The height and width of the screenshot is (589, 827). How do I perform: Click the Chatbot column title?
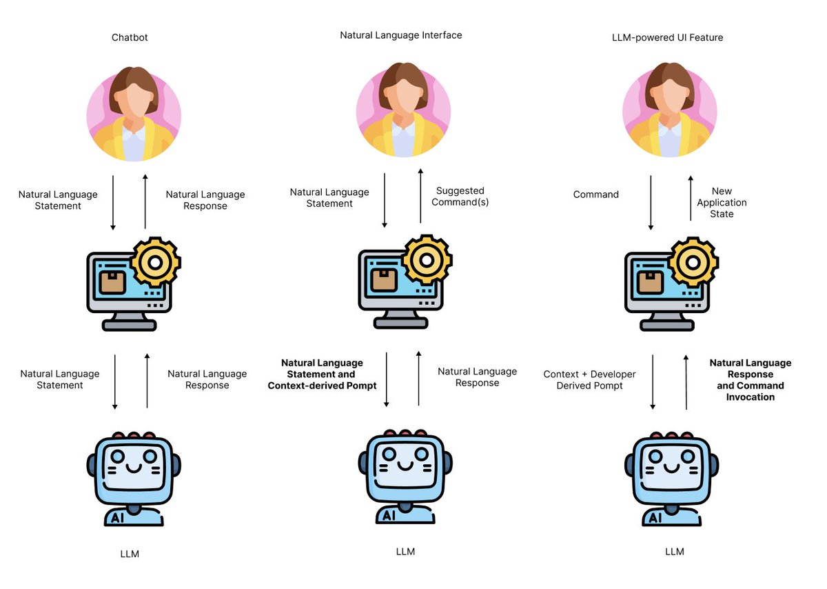(130, 37)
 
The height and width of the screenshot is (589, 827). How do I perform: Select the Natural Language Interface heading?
(400, 34)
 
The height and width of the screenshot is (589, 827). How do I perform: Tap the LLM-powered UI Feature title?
(667, 37)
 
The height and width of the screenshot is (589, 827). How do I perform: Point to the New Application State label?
(722, 202)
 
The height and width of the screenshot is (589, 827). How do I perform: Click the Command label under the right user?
(595, 194)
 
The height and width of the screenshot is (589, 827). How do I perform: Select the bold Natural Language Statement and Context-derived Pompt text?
(322, 375)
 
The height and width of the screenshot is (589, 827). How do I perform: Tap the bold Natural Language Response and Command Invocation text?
(751, 380)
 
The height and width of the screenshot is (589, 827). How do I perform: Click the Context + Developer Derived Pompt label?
(589, 380)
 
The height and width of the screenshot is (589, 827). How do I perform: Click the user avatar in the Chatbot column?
(134, 114)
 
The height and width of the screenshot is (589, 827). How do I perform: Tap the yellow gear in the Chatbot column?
(155, 261)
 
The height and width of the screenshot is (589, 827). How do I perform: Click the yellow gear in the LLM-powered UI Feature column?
(693, 261)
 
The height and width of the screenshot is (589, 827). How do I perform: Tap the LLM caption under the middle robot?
(406, 552)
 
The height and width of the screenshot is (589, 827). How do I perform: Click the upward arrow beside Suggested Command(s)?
(420, 199)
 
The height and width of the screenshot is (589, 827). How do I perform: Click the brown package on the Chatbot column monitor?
(112, 281)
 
